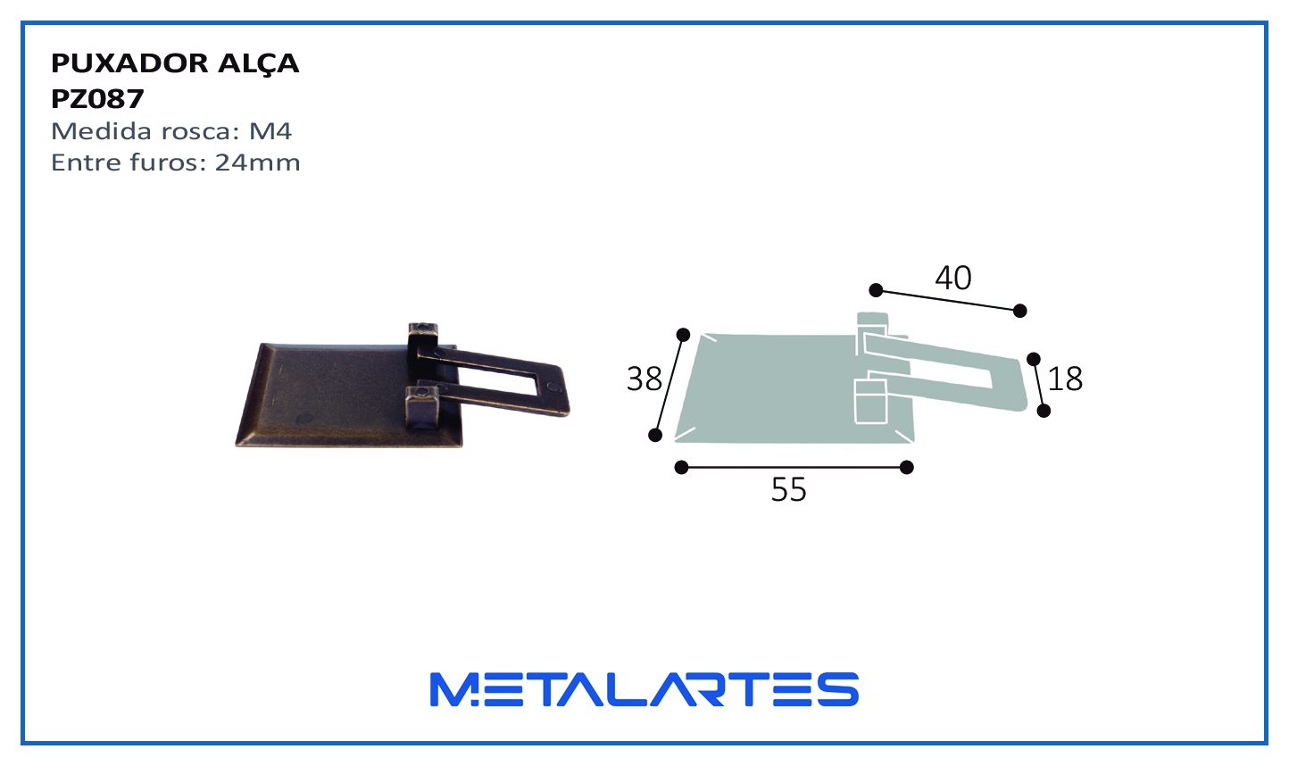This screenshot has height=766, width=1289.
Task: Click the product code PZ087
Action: point(97,99)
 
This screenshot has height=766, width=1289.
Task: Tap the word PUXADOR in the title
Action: point(129,62)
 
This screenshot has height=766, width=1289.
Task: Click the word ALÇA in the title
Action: point(258,64)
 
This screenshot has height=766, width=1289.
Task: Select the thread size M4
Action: point(270,131)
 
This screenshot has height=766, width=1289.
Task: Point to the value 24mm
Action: point(258,162)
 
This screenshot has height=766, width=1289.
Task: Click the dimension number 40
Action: point(953,278)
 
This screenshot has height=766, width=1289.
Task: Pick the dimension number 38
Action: point(644,379)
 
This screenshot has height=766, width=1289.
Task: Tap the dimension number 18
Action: point(1065,379)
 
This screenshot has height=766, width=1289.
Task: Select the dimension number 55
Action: point(788,490)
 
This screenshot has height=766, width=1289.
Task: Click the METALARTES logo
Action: point(644,689)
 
